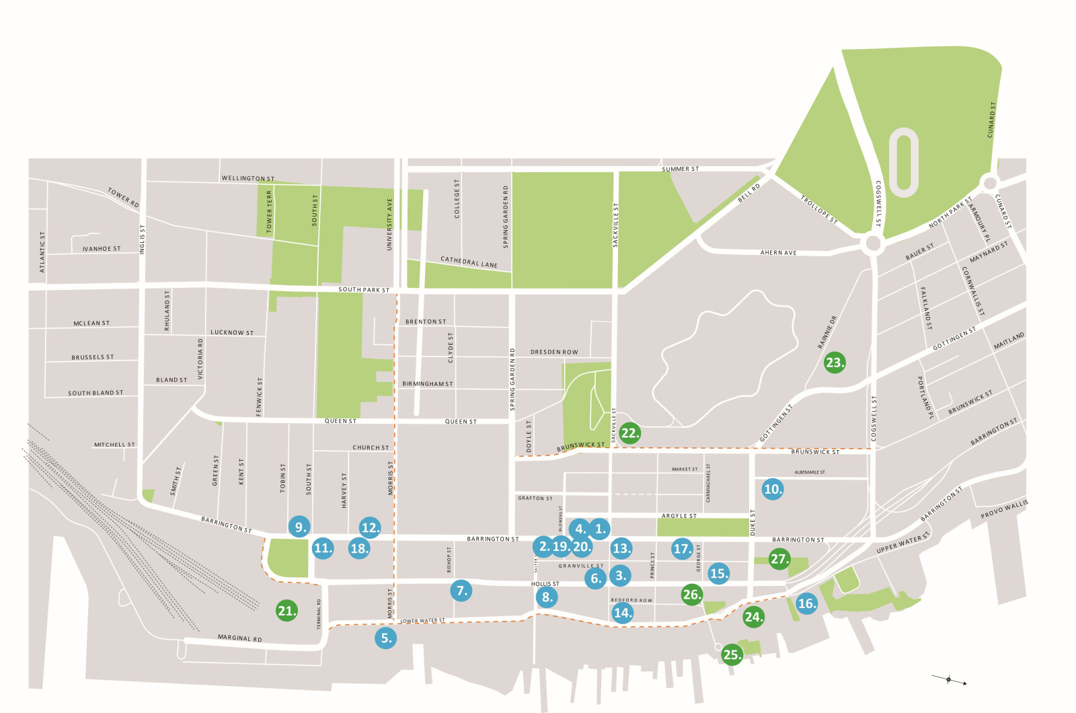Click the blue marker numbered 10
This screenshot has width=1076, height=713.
(x=773, y=489)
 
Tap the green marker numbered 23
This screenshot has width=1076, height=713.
(x=834, y=363)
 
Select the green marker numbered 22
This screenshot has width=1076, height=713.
(x=629, y=433)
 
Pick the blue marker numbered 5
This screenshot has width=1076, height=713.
(x=385, y=638)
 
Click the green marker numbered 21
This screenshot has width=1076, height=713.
(x=286, y=611)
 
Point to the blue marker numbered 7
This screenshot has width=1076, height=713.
(x=461, y=591)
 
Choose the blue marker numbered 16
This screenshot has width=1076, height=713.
(x=806, y=603)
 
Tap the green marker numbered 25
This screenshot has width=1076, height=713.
(x=731, y=654)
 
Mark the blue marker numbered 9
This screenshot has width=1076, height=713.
(x=299, y=527)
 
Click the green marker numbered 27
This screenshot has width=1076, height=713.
(x=779, y=559)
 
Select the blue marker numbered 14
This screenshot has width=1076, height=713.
(x=622, y=612)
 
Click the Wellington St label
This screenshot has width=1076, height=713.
(x=248, y=178)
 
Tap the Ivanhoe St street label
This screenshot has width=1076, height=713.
(x=102, y=249)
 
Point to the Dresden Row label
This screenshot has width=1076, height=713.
(x=554, y=352)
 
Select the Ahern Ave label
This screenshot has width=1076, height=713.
(x=778, y=253)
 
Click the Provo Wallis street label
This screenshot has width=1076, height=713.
(x=1004, y=509)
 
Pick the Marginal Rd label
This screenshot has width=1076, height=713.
(x=239, y=638)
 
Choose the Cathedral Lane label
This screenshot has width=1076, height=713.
(x=469, y=262)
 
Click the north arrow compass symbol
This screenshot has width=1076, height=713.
(x=949, y=680)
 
